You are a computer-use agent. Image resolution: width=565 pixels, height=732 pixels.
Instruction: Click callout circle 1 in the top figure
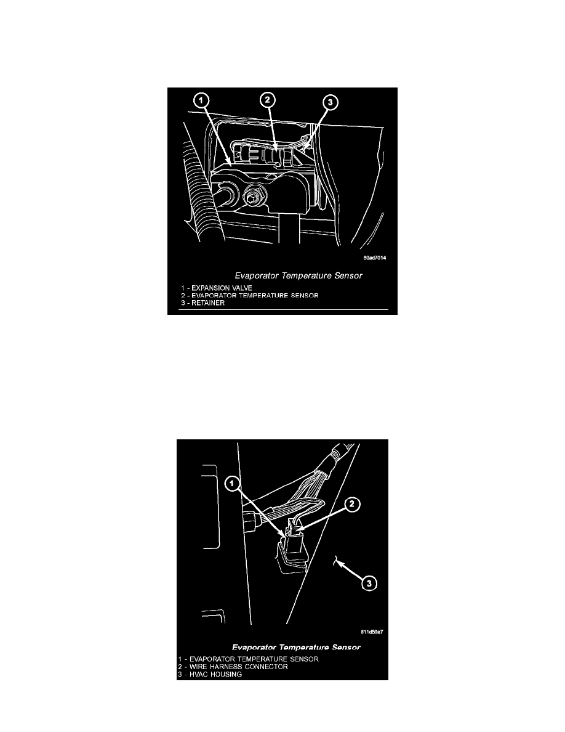click(201, 100)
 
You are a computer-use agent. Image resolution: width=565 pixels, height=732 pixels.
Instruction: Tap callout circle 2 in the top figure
click(267, 99)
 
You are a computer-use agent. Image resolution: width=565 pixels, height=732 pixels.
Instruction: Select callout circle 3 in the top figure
click(330, 102)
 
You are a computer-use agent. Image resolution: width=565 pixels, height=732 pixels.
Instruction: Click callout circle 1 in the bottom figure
click(233, 483)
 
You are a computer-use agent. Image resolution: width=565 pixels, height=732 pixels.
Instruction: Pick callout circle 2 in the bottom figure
click(352, 504)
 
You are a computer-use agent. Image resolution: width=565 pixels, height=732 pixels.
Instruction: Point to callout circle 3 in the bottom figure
click(369, 583)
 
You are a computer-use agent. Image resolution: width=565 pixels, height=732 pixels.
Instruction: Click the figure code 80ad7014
click(375, 258)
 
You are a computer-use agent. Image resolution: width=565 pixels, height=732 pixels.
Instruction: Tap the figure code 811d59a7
click(372, 632)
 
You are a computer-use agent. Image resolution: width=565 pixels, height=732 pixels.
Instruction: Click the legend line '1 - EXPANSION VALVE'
click(217, 288)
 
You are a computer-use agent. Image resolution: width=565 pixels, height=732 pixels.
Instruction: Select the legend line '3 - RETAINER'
click(202, 303)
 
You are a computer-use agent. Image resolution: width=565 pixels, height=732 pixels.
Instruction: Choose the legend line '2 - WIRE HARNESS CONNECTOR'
click(233, 667)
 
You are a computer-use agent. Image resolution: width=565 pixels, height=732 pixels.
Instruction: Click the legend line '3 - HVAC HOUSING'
click(210, 674)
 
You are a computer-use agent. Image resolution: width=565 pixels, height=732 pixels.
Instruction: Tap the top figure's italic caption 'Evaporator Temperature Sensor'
click(299, 276)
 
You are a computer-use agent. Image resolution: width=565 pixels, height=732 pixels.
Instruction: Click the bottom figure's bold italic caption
click(296, 648)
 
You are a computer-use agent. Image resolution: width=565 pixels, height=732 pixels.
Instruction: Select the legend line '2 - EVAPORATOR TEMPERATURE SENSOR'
click(250, 296)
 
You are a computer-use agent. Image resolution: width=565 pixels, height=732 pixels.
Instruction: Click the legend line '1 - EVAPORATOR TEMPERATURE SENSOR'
click(249, 659)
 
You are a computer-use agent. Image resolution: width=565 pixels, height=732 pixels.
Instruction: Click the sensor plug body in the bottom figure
click(291, 545)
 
